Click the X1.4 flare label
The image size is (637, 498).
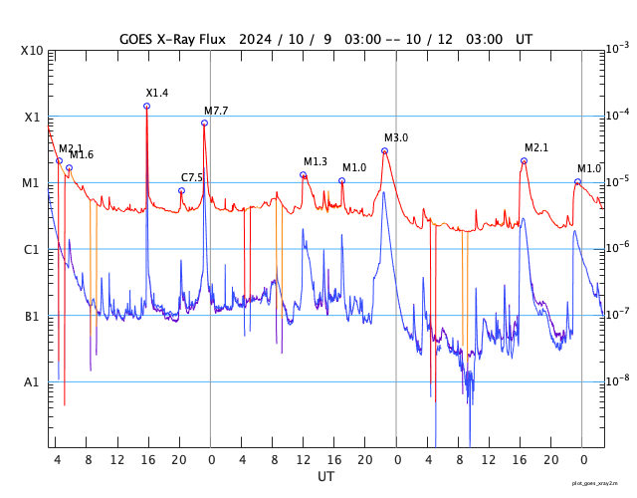[157, 93]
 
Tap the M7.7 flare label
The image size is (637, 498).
[216, 111]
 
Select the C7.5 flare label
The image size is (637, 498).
[192, 177]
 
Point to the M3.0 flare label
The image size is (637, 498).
[396, 137]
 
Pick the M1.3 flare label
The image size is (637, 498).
[316, 161]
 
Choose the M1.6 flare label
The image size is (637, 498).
[82, 154]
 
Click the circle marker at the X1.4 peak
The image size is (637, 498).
[147, 106]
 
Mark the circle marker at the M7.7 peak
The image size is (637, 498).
[204, 123]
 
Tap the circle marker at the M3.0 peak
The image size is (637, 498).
[384, 150]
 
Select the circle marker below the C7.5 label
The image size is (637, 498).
[181, 190]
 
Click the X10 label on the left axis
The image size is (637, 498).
[33, 51]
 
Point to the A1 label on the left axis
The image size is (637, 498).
[33, 382]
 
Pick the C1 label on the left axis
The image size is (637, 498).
[33, 250]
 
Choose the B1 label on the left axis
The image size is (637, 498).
[33, 317]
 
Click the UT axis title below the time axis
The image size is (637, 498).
[326, 477]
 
